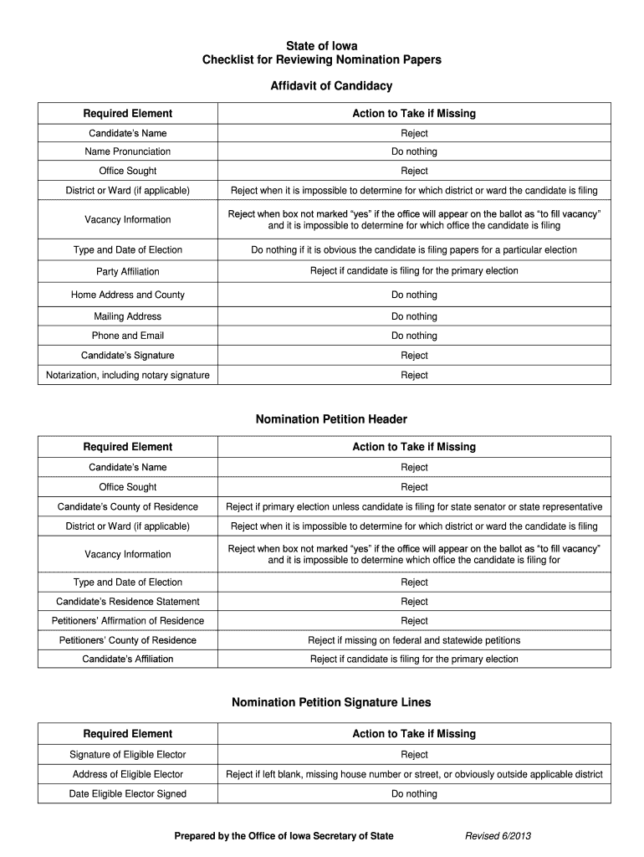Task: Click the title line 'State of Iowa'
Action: (322, 46)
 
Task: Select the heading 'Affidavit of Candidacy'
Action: (330, 86)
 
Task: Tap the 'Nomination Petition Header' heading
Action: (331, 419)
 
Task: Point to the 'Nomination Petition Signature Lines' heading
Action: (331, 702)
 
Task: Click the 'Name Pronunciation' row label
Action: (128, 151)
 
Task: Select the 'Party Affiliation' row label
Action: (128, 271)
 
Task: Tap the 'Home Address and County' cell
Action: (128, 295)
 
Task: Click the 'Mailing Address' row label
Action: (128, 316)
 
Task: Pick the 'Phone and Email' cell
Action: (128, 336)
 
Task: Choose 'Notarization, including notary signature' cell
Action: (128, 375)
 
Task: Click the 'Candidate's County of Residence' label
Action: (128, 506)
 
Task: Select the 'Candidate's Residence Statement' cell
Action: (128, 601)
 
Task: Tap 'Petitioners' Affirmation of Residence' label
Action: (128, 620)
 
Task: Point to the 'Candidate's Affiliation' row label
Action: (128, 659)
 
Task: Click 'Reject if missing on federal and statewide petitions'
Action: (414, 640)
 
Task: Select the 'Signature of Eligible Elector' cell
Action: (128, 754)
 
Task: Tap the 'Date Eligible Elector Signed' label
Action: (128, 793)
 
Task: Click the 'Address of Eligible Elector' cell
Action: (128, 774)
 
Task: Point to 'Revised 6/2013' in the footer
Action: (498, 835)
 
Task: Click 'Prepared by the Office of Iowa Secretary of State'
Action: (284, 835)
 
